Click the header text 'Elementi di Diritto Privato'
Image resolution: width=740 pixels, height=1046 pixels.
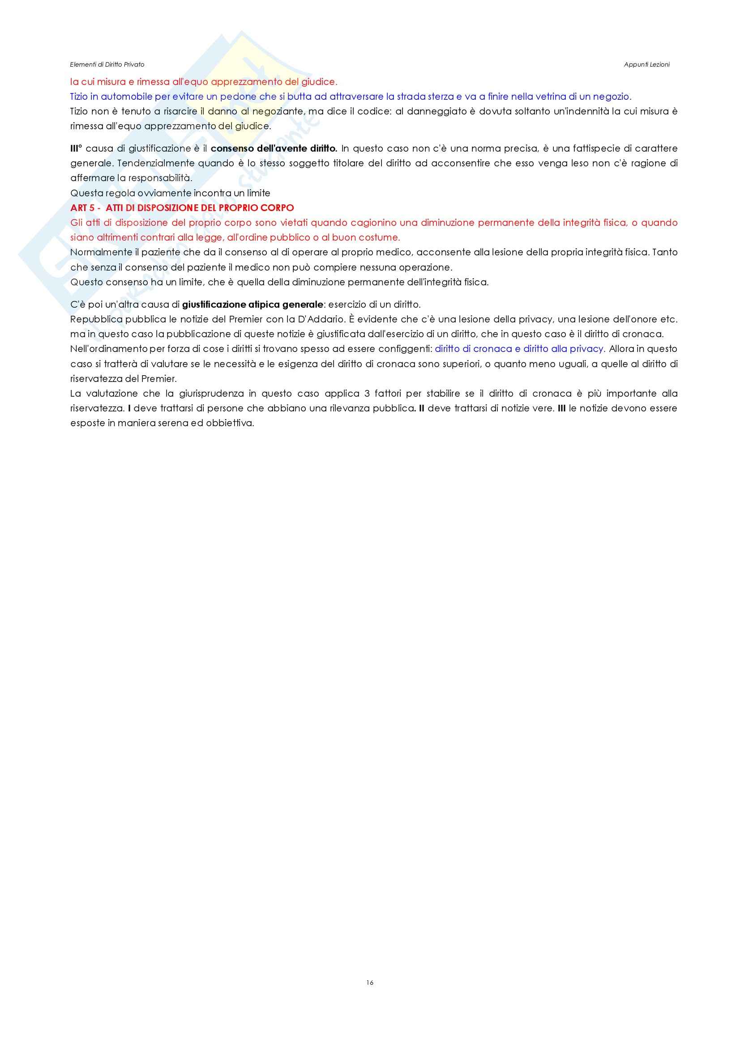[107, 65]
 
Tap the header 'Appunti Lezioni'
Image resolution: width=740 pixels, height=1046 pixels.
[646, 65]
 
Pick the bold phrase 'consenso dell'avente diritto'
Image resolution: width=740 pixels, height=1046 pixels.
[274, 148]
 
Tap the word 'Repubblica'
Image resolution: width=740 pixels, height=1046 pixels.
[96, 319]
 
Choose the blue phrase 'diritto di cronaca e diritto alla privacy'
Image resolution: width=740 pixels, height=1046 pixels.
[519, 349]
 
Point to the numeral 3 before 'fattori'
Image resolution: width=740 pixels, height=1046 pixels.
[367, 394]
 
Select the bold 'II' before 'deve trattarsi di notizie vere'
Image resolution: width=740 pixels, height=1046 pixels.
[422, 408]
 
